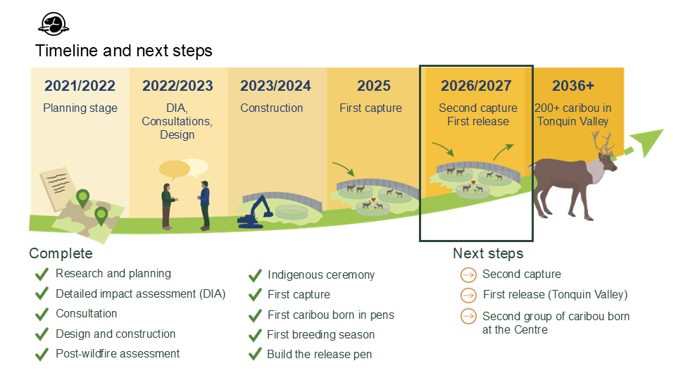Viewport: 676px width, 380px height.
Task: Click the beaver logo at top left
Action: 53,24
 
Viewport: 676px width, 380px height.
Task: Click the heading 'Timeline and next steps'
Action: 124,51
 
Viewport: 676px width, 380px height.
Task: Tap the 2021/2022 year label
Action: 80,86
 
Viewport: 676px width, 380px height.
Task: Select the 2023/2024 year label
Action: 275,86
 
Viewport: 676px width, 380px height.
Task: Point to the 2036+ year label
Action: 572,86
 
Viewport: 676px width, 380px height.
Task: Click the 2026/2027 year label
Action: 476,86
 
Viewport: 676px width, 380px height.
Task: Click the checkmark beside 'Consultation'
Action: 42,314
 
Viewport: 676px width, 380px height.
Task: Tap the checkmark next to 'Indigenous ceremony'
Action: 255,275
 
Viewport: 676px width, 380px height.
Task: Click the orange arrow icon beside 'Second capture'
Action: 468,274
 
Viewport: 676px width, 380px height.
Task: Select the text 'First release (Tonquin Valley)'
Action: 555,295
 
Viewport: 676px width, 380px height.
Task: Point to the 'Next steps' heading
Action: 488,253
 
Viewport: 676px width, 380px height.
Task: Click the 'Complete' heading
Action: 61,253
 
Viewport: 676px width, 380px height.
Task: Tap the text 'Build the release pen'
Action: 320,354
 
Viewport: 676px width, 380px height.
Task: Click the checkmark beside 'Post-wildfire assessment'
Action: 42,354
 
